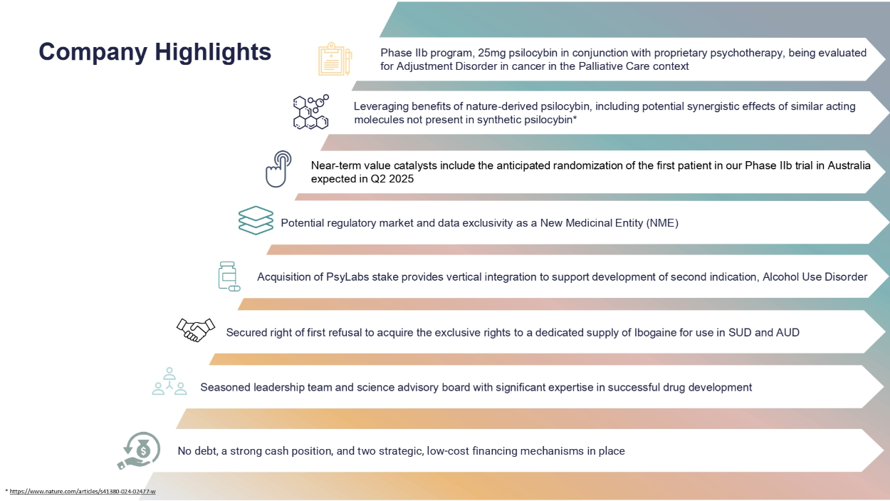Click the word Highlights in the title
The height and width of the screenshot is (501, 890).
click(213, 53)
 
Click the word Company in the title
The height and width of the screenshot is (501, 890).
click(93, 53)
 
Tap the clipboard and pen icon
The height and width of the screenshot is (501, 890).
click(335, 59)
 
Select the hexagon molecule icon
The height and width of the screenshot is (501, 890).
click(311, 112)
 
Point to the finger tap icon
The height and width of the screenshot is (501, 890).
click(278, 169)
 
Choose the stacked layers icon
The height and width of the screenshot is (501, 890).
click(256, 220)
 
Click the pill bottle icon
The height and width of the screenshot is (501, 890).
click(229, 277)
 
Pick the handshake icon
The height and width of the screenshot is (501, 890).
click(196, 330)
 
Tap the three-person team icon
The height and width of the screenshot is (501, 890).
click(169, 381)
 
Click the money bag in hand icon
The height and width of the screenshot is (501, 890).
click(139, 450)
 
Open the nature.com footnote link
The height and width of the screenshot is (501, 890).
click(83, 492)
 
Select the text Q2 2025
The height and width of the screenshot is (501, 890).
click(392, 179)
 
